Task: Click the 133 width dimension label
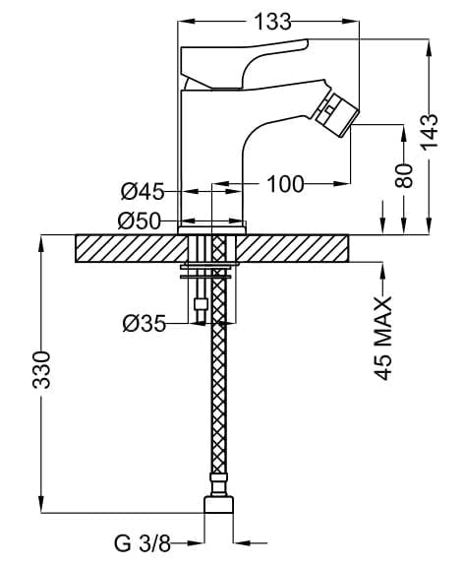tap(272, 22)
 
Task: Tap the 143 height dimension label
tap(430, 131)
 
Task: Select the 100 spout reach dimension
tap(285, 184)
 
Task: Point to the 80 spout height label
tap(404, 175)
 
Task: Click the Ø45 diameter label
tap(143, 191)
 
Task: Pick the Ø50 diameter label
tap(139, 221)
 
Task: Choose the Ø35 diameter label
tap(144, 324)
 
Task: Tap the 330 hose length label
tap(41, 370)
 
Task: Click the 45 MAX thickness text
tap(383, 338)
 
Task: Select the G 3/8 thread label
tap(143, 543)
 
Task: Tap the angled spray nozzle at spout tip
tap(336, 111)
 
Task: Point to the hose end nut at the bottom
tap(218, 504)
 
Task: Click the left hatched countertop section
tap(131, 248)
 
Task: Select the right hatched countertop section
tap(292, 248)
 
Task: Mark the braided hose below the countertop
tap(218, 369)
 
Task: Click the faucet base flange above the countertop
tap(212, 230)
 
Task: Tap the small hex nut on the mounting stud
tap(201, 303)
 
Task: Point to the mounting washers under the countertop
tap(205, 273)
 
